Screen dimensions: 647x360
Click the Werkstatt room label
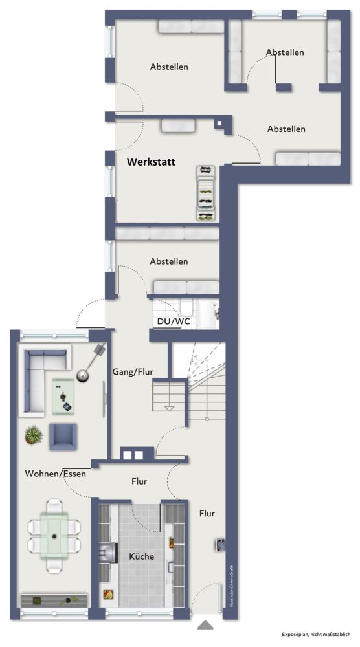[151, 162]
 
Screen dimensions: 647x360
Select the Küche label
[141, 556]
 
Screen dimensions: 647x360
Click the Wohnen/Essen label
[55, 474]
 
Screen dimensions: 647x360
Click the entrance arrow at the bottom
[206, 625]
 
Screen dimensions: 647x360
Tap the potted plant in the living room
[32, 435]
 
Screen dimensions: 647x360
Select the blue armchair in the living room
[63, 436]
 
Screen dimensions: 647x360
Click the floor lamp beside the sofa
[85, 374]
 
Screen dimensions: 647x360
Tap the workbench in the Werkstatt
[206, 193]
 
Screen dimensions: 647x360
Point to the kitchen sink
[172, 566]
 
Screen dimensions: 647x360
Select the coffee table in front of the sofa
[63, 395]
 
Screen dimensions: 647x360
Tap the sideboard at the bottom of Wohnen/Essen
[54, 600]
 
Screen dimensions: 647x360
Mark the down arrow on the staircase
[170, 408]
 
